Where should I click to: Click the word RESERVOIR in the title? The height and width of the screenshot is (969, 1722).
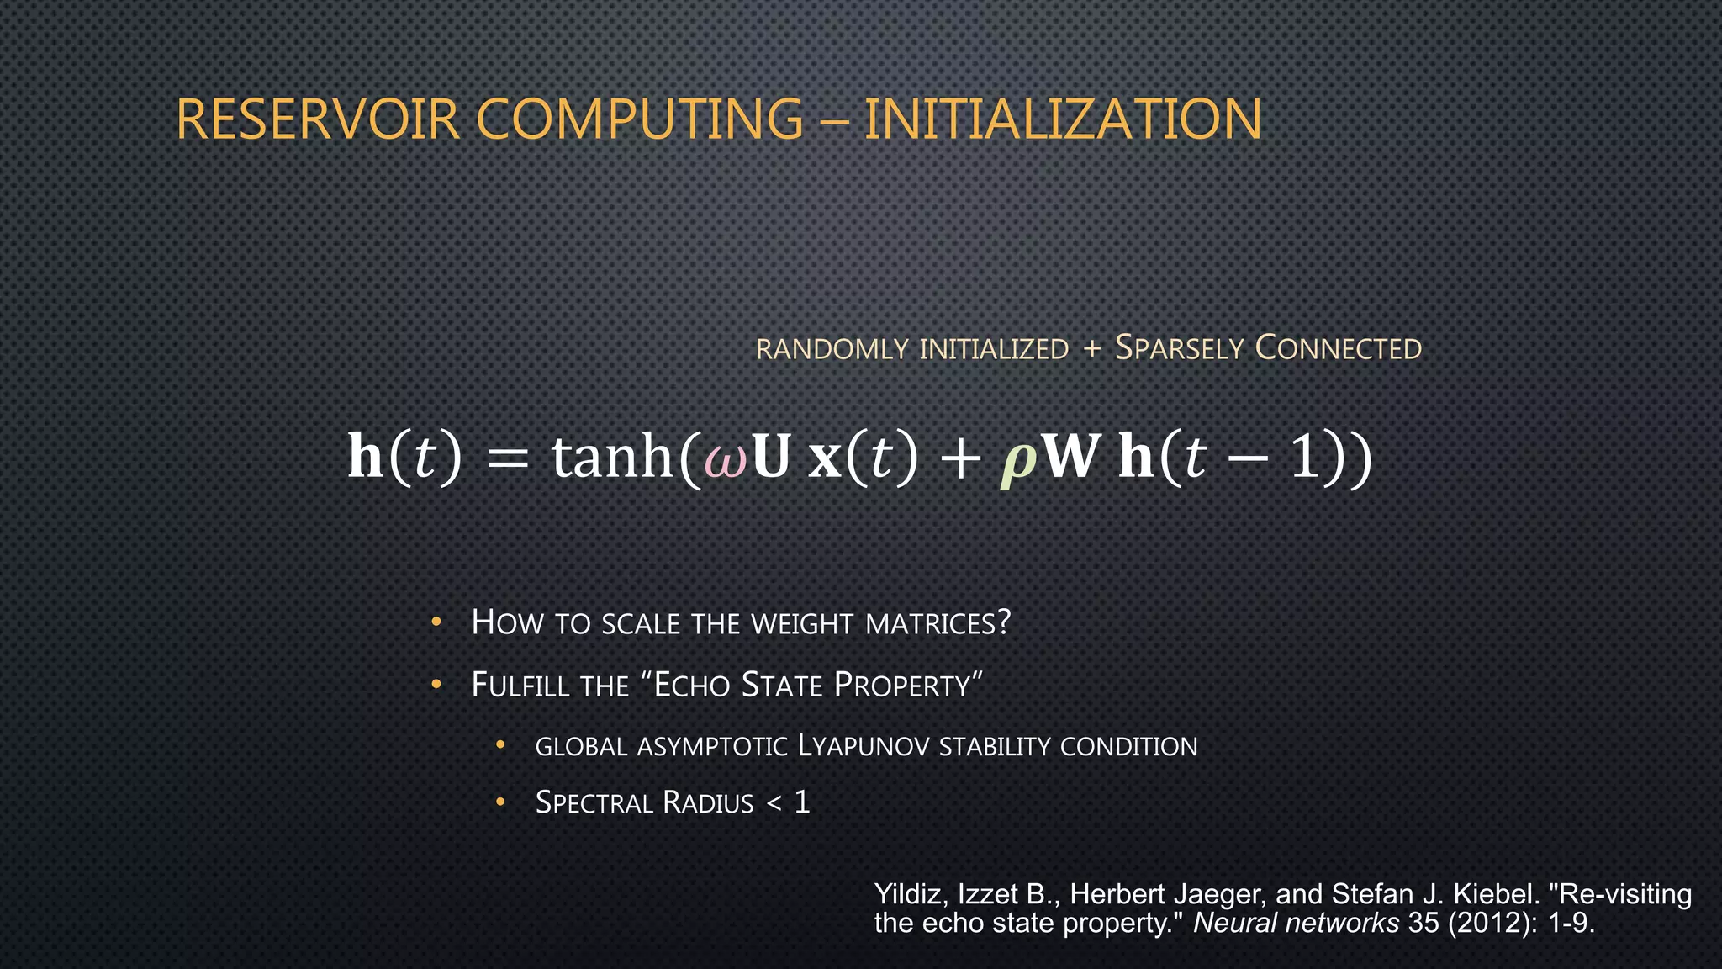(x=318, y=119)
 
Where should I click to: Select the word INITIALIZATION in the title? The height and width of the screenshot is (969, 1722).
(x=1063, y=119)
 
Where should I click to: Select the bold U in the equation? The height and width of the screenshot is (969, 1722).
(x=771, y=458)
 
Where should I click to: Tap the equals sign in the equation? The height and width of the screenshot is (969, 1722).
(x=508, y=461)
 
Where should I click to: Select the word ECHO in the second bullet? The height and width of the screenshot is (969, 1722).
(x=692, y=686)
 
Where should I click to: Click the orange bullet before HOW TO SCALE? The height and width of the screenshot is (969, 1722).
(x=436, y=622)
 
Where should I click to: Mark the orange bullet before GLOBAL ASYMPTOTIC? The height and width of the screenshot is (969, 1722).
(x=500, y=744)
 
